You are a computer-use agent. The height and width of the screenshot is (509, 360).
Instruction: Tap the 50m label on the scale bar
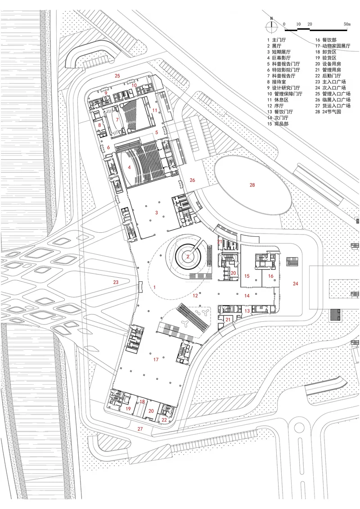(x=347, y=24)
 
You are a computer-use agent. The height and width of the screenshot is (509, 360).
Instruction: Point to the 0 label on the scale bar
(x=284, y=24)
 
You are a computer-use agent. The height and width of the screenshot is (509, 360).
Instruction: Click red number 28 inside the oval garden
(x=252, y=185)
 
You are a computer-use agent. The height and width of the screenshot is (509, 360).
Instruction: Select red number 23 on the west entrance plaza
(x=116, y=282)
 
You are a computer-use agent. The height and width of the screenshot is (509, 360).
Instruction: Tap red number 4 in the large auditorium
(x=129, y=167)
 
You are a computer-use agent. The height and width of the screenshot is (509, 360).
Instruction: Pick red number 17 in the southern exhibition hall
(x=156, y=359)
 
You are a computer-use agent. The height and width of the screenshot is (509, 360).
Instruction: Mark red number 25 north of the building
(x=117, y=76)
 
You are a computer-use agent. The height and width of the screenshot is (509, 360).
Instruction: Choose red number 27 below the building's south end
(x=140, y=429)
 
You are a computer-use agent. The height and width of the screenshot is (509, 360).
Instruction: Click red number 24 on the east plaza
(x=295, y=284)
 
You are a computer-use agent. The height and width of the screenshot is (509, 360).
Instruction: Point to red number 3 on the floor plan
(x=157, y=212)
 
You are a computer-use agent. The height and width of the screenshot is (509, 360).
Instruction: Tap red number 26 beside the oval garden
(x=192, y=180)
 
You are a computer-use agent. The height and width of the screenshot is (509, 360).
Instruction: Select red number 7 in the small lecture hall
(x=117, y=120)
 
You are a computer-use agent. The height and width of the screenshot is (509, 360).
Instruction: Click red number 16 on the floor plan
(x=271, y=276)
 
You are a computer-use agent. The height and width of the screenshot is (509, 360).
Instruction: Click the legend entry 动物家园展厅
(x=336, y=46)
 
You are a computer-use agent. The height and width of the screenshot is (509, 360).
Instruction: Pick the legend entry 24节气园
(x=332, y=112)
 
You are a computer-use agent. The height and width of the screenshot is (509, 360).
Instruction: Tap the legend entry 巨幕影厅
(x=281, y=58)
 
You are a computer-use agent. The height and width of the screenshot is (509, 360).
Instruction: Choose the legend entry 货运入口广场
(x=336, y=105)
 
